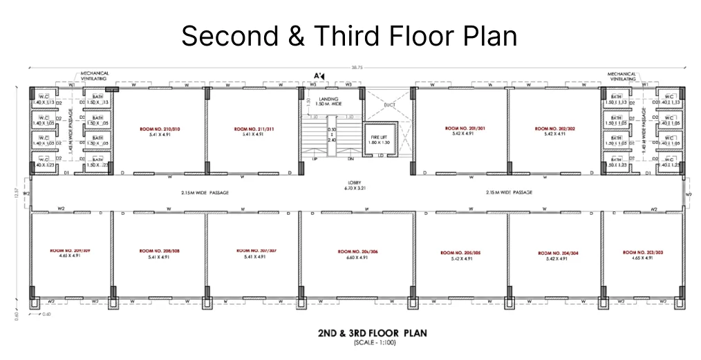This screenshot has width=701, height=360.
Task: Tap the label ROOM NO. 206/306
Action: [357, 252]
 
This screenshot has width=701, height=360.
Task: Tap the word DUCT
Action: [389, 106]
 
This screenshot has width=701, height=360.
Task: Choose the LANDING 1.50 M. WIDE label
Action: [328, 101]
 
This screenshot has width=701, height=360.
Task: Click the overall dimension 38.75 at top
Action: [356, 68]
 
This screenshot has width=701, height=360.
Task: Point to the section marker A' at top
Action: [319, 75]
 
